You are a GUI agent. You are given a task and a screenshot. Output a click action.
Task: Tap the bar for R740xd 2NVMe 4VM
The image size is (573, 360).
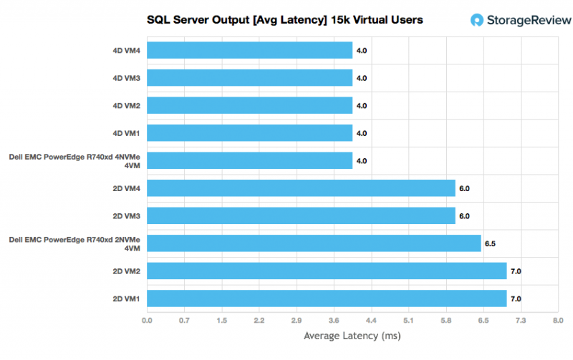click(x=314, y=243)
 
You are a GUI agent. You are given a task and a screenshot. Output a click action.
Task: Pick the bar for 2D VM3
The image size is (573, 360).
click(x=301, y=215)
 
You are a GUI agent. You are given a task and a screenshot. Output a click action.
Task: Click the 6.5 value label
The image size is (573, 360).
click(x=490, y=244)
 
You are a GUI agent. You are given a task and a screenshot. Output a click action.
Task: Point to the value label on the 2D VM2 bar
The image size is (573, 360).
click(x=516, y=271)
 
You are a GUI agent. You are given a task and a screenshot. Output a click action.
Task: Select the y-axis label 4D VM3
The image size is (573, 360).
click(x=124, y=78)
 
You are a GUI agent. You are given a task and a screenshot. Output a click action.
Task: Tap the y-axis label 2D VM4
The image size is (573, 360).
click(x=124, y=188)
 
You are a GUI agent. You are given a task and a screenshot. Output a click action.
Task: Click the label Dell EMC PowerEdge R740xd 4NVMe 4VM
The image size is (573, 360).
click(x=74, y=160)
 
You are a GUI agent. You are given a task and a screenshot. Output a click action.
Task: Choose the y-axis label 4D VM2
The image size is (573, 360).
click(x=124, y=106)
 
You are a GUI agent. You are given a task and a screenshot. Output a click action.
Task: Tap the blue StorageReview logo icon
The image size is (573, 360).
click(x=477, y=20)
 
